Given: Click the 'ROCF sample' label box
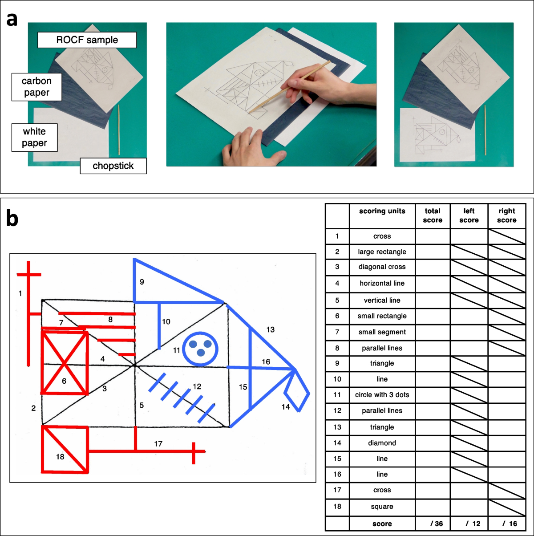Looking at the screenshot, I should [x=87, y=40].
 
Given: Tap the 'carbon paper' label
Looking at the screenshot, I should [x=36, y=87].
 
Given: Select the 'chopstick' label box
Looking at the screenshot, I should [x=113, y=166].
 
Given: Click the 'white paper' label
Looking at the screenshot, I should [x=34, y=137].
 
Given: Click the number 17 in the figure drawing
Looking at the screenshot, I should [x=158, y=443].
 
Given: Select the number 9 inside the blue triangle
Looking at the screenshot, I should [x=142, y=282].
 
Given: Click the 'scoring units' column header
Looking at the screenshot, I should [x=382, y=211].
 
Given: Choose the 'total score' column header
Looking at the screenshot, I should [x=433, y=215].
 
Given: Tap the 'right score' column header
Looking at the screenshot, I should [x=506, y=215].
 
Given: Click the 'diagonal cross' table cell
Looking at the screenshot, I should [x=382, y=267].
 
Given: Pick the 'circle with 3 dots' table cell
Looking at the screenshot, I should [x=382, y=395].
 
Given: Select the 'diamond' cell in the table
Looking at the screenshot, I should [x=382, y=443].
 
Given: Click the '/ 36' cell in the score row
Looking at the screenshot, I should [x=433, y=524].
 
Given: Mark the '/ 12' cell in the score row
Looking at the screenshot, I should [x=469, y=524].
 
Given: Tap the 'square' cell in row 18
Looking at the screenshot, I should [x=382, y=507].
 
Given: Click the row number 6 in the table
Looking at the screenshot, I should [x=337, y=316].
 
